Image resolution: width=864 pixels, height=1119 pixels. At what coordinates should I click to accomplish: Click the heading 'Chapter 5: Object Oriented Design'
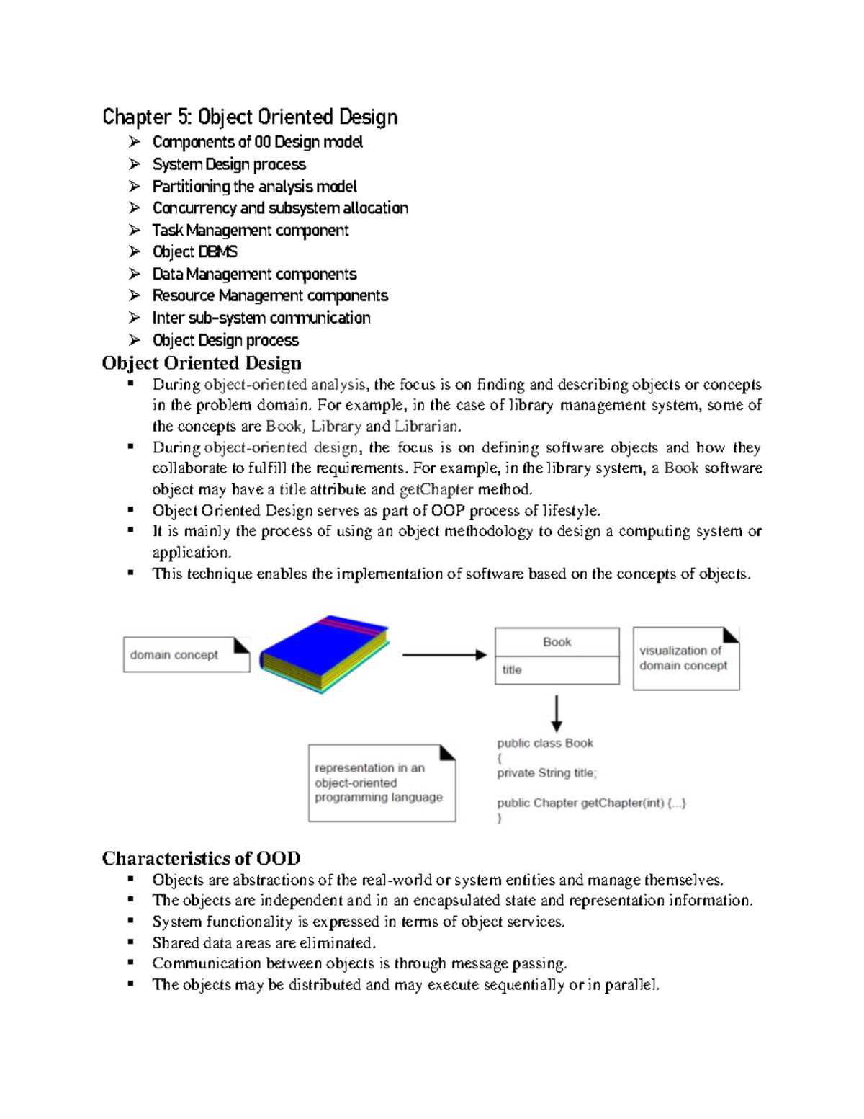250,117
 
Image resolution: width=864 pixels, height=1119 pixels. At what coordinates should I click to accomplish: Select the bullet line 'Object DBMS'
194,252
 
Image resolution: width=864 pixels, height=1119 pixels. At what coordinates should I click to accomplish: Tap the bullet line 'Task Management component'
250,231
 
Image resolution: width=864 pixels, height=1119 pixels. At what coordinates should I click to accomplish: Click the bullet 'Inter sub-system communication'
261,318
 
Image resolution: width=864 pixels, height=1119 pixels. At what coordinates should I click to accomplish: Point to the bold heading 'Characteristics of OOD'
201,858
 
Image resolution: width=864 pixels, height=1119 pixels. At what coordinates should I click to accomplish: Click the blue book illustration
324,654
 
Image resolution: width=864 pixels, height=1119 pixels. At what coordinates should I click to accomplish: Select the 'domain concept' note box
186,655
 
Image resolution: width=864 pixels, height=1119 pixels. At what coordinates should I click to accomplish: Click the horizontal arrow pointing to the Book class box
444,655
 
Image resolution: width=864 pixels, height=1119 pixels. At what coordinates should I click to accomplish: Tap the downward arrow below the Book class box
556,713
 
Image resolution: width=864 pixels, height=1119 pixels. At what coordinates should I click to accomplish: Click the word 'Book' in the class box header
557,642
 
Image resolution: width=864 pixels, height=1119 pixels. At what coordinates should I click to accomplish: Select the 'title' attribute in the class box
512,670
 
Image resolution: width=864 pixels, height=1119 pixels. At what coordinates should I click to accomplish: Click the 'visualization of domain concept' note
685,659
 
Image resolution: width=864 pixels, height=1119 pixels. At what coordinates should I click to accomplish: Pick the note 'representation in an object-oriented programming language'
381,783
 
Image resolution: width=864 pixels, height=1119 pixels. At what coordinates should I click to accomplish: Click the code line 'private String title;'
546,773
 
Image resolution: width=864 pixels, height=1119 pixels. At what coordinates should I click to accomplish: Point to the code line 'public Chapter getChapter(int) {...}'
591,803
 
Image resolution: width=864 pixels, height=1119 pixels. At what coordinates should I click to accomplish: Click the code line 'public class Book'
545,743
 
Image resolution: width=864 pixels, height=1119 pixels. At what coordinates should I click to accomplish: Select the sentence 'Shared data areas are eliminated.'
264,942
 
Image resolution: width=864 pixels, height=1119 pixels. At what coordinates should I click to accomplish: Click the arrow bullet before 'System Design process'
135,164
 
